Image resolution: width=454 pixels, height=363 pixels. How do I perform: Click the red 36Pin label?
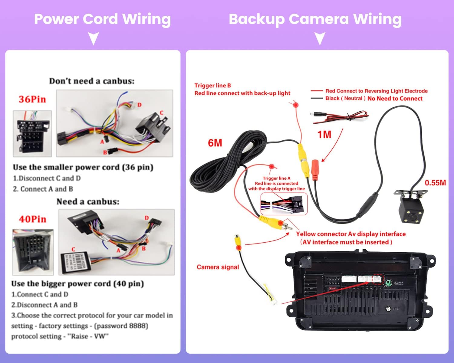[32, 99]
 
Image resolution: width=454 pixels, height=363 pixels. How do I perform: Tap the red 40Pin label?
[33, 219]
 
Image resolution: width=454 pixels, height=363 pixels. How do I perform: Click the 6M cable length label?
[215, 143]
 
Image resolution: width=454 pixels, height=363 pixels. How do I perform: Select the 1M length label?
[324, 135]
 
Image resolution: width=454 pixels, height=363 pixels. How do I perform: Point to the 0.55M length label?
[435, 183]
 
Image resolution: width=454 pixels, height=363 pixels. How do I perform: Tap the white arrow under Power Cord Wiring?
[94, 39]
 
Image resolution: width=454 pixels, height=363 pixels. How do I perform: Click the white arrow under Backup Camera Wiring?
[320, 39]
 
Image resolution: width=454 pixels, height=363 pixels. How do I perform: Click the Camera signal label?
[218, 267]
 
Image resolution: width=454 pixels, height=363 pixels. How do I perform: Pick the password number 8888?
[138, 326]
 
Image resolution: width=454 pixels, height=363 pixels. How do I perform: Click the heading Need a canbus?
[88, 202]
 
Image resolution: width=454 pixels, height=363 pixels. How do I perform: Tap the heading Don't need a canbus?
[92, 81]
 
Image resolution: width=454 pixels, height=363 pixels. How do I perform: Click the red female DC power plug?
[315, 170]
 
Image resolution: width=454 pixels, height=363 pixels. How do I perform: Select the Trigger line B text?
[212, 86]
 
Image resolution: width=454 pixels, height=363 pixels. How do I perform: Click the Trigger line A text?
[276, 178]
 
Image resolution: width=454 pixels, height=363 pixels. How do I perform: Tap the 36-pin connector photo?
[32, 133]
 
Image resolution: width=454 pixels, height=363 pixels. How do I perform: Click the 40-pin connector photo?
[33, 252]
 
